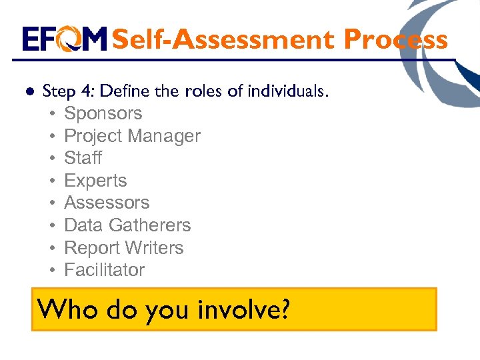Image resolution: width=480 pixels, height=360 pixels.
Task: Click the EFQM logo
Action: click(65, 39)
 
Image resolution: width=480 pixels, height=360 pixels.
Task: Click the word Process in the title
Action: click(395, 40)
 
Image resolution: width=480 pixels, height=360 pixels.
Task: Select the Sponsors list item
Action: click(103, 113)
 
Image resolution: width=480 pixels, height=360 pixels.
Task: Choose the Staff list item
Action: click(83, 158)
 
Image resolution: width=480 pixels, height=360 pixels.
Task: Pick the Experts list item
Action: click(95, 181)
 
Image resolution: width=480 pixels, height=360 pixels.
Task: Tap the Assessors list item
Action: click(107, 203)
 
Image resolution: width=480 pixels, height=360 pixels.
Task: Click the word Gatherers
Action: click(151, 225)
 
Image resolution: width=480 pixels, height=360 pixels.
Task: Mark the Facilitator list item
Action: click(104, 270)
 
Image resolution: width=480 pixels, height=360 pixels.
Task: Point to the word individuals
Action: click(287, 91)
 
